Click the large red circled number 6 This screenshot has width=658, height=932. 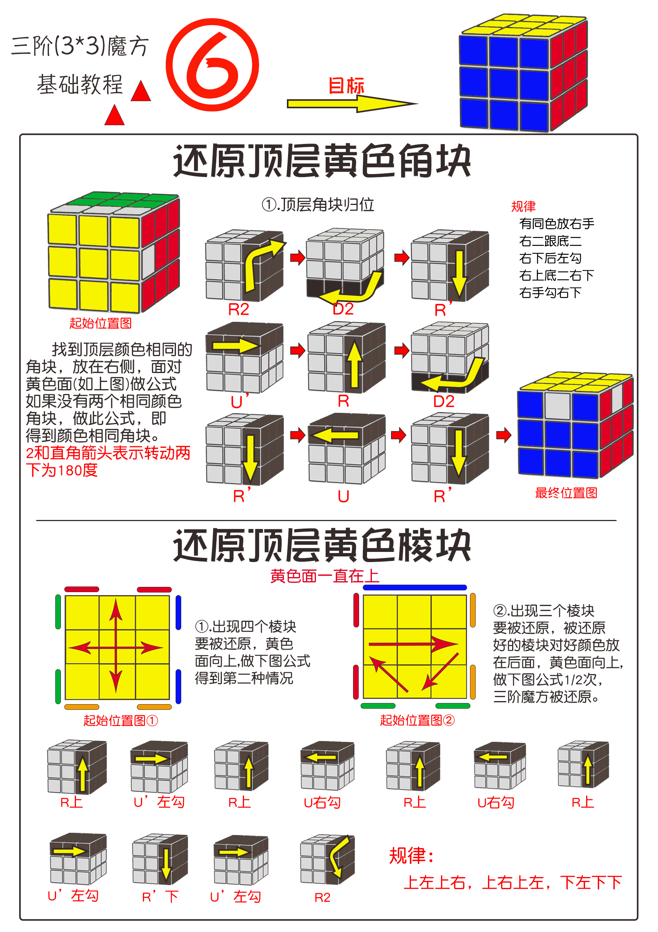(212, 65)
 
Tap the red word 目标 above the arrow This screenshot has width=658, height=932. (346, 86)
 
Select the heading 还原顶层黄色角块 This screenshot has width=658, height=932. (322, 161)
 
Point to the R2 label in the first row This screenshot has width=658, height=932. (238, 310)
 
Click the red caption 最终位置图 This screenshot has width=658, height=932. (566, 493)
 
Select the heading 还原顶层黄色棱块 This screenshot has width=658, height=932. (322, 545)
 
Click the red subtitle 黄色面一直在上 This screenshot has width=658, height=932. (325, 576)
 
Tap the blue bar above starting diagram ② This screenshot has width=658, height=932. (414, 587)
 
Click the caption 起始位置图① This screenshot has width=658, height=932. (121, 720)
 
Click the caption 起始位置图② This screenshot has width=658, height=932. (417, 720)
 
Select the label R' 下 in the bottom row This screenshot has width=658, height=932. (160, 897)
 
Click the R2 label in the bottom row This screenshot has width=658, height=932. (322, 897)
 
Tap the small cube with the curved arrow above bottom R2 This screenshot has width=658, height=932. (327, 859)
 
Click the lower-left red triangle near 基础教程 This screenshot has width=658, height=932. (114, 115)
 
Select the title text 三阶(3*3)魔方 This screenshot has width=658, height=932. (80, 46)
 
